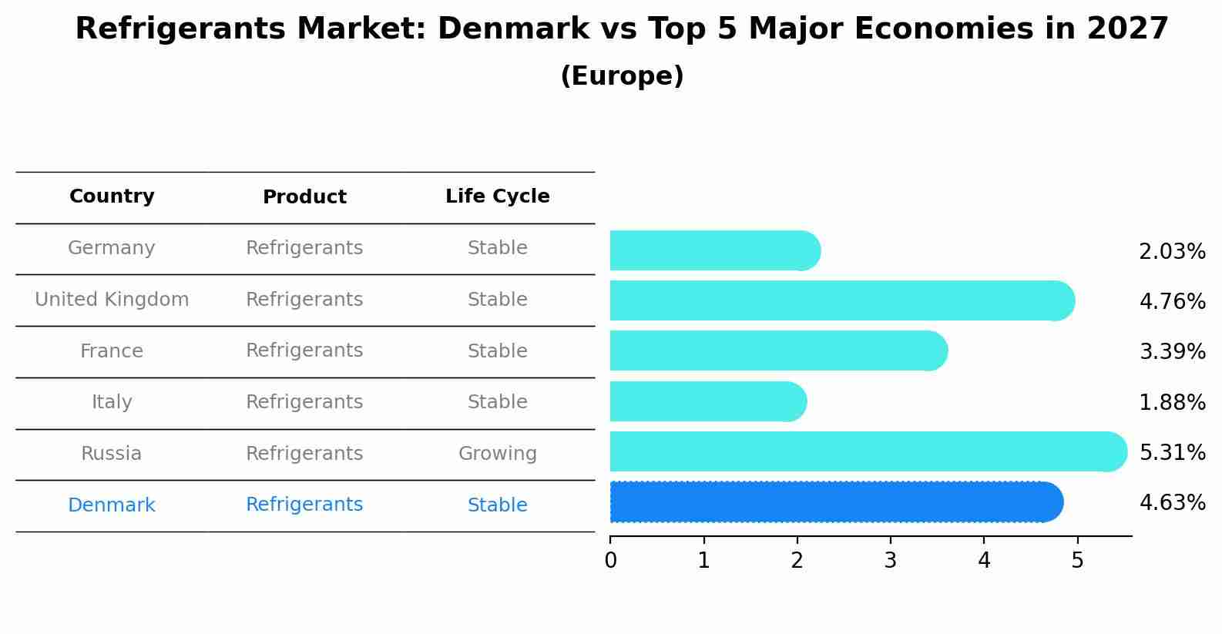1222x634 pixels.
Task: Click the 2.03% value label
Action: point(1172,252)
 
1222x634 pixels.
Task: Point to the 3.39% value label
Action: point(1172,352)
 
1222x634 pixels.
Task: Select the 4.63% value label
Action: point(1172,503)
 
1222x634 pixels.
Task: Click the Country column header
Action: point(112,196)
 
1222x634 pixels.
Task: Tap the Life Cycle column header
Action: point(497,196)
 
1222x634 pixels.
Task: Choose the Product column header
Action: point(304,197)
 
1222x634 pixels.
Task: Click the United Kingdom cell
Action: point(112,300)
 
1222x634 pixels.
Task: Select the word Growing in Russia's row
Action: point(497,454)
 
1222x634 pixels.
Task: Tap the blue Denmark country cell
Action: point(112,505)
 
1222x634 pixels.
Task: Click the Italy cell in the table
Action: point(112,402)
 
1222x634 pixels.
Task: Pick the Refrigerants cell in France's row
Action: point(304,351)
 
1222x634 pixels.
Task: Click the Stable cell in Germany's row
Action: point(497,248)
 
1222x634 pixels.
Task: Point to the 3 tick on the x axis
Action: point(891,560)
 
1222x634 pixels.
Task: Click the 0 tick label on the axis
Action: point(610,560)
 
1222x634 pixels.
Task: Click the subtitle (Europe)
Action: point(622,76)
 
